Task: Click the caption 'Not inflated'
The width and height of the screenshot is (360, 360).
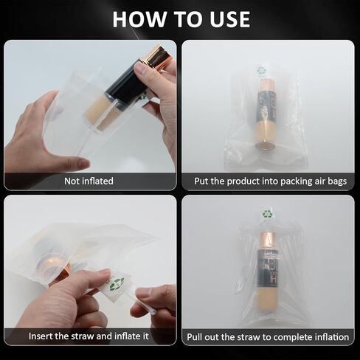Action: (x=89, y=181)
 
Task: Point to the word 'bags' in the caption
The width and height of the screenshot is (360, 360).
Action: (x=337, y=181)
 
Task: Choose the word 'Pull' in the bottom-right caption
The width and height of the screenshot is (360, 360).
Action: (x=195, y=336)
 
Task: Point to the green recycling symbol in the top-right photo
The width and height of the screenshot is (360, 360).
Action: (x=260, y=71)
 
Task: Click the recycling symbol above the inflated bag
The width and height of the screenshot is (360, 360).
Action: (x=267, y=213)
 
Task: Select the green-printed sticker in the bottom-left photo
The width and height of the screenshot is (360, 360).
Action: (x=117, y=285)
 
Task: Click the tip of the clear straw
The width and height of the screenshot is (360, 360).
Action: (x=154, y=313)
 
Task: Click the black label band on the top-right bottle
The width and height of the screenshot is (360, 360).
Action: (x=266, y=106)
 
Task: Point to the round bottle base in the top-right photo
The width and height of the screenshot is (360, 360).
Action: (x=265, y=145)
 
